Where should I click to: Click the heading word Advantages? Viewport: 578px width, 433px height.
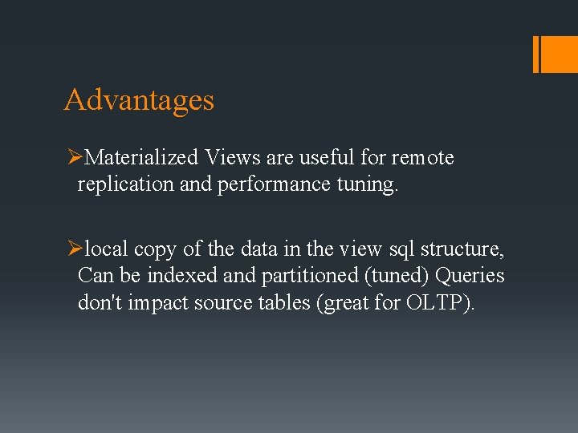point(139,100)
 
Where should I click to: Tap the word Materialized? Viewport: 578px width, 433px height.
point(140,157)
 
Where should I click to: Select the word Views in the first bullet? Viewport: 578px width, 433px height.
point(230,157)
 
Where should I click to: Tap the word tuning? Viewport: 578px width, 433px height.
point(364,184)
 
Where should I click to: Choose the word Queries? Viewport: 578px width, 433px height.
point(470,276)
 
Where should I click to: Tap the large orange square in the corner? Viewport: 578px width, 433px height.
point(560,54)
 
